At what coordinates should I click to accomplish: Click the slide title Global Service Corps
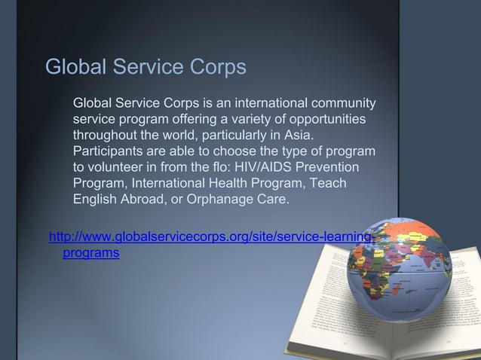click(146, 67)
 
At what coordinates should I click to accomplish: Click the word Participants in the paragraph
click(108, 152)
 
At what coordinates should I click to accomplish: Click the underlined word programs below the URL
click(90, 254)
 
